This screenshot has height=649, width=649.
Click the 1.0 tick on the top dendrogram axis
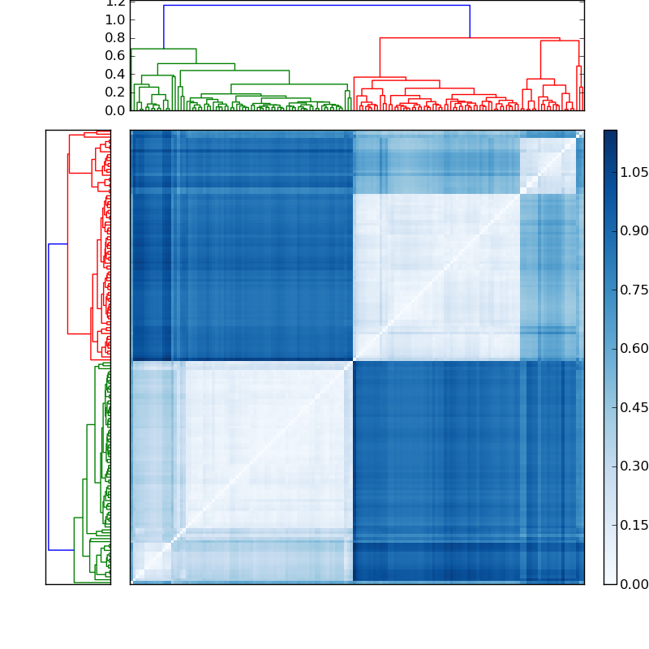pos(114,19)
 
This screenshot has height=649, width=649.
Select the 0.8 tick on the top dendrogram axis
pos(114,37)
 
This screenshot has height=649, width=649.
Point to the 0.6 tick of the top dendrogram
pos(114,56)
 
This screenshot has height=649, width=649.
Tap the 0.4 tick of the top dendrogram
pos(114,74)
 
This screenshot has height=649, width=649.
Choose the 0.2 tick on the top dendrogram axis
pos(114,92)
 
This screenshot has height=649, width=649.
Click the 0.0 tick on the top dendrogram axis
pos(114,110)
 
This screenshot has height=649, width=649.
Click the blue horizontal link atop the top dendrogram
pos(316,6)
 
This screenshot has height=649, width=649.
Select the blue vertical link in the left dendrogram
pos(49,398)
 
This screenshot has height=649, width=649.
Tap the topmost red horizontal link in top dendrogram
pos(470,37)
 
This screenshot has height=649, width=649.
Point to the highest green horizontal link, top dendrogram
pos(163,49)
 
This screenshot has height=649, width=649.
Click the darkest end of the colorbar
pos(610,135)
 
